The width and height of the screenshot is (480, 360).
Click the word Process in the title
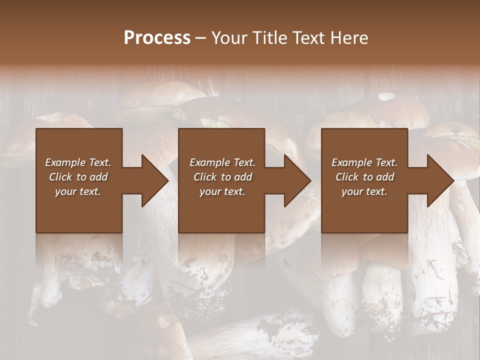pos(156,38)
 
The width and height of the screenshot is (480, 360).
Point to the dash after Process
pos(200,38)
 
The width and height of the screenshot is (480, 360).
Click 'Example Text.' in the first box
pos(78,162)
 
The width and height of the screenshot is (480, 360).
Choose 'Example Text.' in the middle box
pos(222,162)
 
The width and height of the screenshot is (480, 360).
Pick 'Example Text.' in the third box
pos(364,162)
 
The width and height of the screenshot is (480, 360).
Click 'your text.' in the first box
pos(78,191)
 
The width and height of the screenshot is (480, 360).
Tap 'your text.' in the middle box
pos(222,191)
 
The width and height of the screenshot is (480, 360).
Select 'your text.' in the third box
pos(364,191)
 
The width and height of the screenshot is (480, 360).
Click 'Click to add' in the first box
pos(78,177)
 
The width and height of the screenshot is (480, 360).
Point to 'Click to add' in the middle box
pos(222,177)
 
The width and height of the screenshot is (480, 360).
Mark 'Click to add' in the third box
pos(364,177)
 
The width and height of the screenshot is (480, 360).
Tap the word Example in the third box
pos(352,162)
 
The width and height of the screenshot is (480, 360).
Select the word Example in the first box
pos(65,162)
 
